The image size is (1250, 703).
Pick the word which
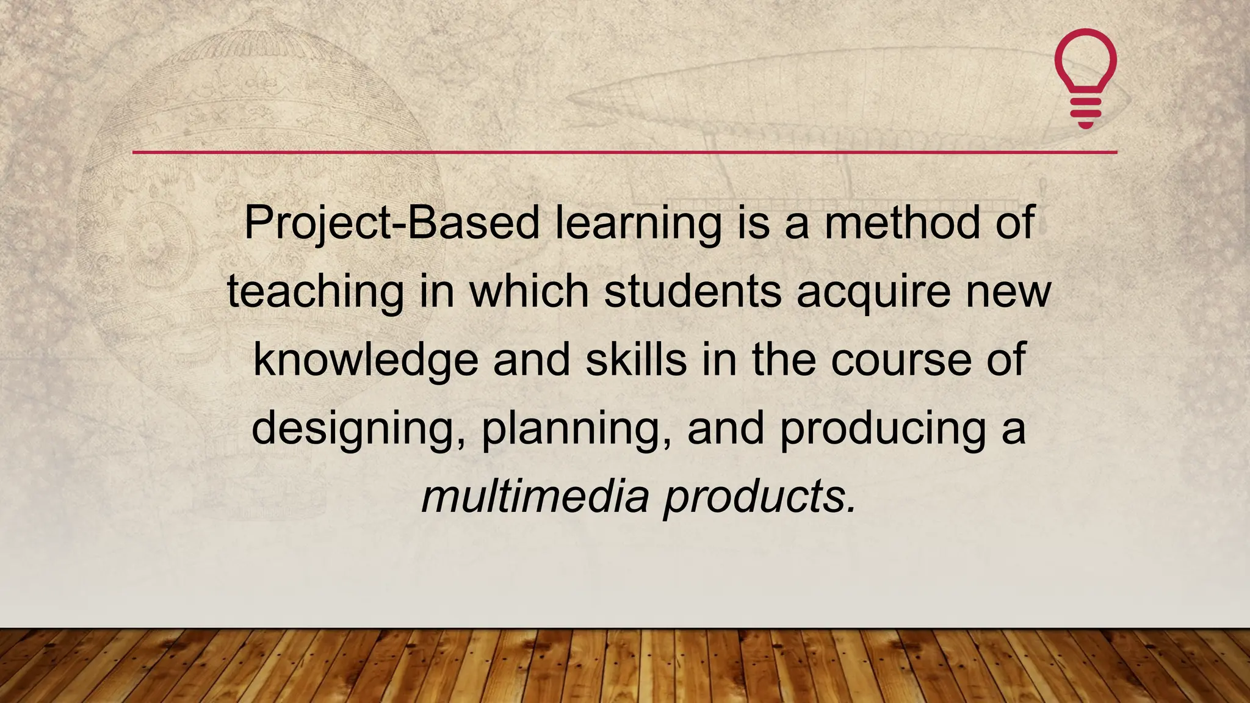click(x=529, y=292)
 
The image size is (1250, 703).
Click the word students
click(x=693, y=292)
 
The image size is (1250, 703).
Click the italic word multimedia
click(x=535, y=497)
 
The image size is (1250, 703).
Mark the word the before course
click(x=784, y=360)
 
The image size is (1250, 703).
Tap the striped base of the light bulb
click(x=1086, y=112)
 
